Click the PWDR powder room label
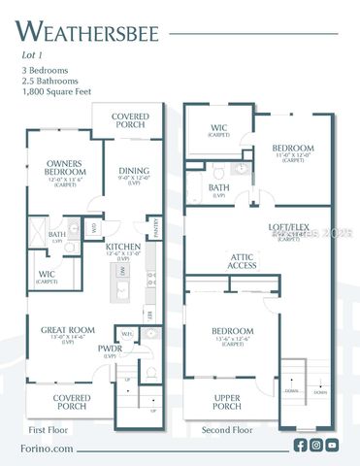(106, 357)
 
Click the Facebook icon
(300, 445)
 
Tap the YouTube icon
(332, 445)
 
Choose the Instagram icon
(315, 445)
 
